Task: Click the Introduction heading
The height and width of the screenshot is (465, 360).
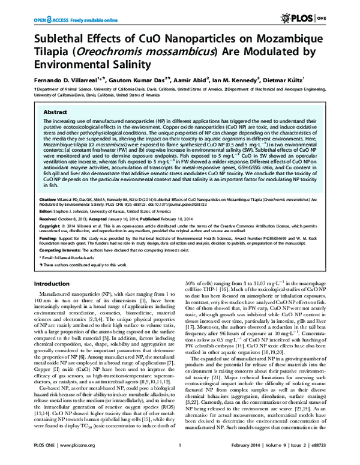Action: click(55, 283)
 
